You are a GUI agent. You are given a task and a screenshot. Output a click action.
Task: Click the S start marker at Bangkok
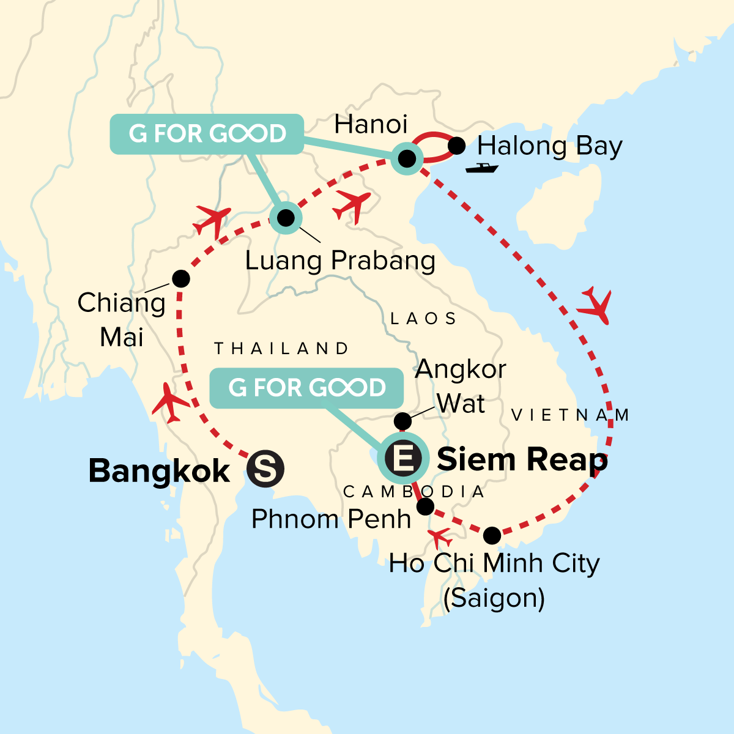pyautogui.click(x=265, y=470)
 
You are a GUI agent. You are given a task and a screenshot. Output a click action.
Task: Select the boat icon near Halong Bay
pyautogui.click(x=481, y=168)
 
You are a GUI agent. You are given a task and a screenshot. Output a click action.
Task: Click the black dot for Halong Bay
pyautogui.click(x=457, y=146)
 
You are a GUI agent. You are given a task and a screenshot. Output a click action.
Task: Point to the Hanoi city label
pyautogui.click(x=371, y=124)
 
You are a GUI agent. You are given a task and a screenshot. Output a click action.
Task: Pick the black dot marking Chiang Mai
pyautogui.click(x=180, y=279)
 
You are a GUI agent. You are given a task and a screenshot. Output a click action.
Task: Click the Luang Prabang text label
pyautogui.click(x=340, y=261)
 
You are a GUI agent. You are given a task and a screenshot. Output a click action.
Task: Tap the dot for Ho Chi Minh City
pyautogui.click(x=492, y=536)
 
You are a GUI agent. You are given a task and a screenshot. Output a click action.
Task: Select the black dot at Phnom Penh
pyautogui.click(x=425, y=506)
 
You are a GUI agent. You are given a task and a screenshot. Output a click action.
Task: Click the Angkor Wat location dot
pyautogui.click(x=402, y=421)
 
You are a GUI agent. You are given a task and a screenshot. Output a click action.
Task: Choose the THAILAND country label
pyautogui.click(x=281, y=349)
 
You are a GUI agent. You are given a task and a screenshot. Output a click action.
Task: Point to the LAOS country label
pyautogui.click(x=423, y=319)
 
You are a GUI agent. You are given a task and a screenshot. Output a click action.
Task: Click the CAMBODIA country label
pyautogui.click(x=414, y=492)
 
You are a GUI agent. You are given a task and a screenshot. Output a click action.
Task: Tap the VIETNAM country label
pyautogui.click(x=570, y=416)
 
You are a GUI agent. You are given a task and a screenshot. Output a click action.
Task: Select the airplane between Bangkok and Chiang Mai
pyautogui.click(x=169, y=403)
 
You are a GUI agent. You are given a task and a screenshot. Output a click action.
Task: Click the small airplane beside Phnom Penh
pyautogui.click(x=440, y=538)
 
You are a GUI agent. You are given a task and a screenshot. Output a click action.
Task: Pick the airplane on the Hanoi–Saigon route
pyautogui.click(x=595, y=304)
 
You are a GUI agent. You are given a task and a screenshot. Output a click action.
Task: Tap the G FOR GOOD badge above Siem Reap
pyautogui.click(x=306, y=388)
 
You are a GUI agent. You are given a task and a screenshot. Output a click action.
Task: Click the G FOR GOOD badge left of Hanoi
pyautogui.click(x=207, y=133)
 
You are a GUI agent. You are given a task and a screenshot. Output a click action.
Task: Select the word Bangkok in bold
pyautogui.click(x=159, y=471)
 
